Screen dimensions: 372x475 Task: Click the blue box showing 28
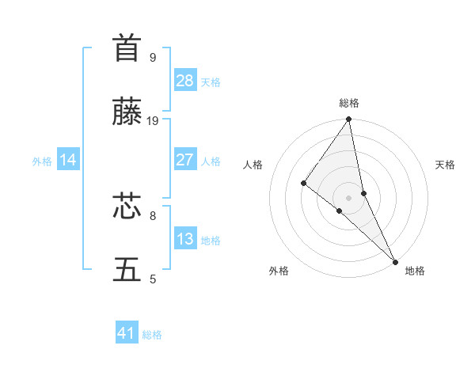(x=185, y=80)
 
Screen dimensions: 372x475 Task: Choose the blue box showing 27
(x=185, y=160)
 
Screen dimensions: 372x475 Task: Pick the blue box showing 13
(x=185, y=239)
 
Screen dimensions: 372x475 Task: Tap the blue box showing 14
(x=68, y=160)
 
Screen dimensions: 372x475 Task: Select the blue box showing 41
(x=127, y=333)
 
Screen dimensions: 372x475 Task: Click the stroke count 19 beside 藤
(x=153, y=120)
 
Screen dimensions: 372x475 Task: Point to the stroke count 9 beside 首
(x=153, y=57)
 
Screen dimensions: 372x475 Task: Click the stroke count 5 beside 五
(x=153, y=279)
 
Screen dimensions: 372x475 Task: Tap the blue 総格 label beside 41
(x=152, y=335)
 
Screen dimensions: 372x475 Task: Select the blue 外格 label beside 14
(x=42, y=161)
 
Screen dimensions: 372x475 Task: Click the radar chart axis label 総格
(x=349, y=103)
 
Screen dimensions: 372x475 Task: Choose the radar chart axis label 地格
(x=415, y=271)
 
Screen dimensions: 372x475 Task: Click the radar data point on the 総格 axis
(x=349, y=120)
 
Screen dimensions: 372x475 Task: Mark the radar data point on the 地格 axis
(x=395, y=260)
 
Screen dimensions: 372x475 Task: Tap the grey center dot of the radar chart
(x=349, y=197)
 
